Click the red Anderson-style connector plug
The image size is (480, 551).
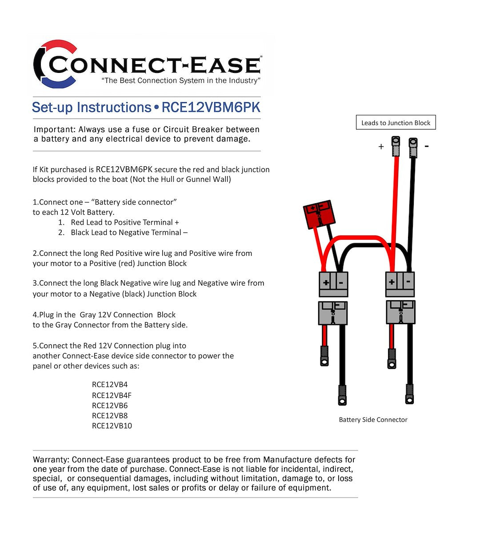318,213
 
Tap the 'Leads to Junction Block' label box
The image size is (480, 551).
396,123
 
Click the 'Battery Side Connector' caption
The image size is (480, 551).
373,419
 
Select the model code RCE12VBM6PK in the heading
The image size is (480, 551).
211,108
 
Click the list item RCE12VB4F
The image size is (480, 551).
112,395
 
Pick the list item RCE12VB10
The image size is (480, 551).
112,426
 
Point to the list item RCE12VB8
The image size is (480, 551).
110,415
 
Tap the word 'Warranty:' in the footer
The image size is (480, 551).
51,459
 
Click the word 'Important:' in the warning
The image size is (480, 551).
55,129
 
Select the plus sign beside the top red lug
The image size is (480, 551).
381,146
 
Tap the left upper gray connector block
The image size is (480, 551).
333,284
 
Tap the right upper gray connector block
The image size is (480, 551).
400,284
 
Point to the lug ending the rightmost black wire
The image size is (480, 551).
409,394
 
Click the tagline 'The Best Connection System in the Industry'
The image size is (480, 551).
181,80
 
